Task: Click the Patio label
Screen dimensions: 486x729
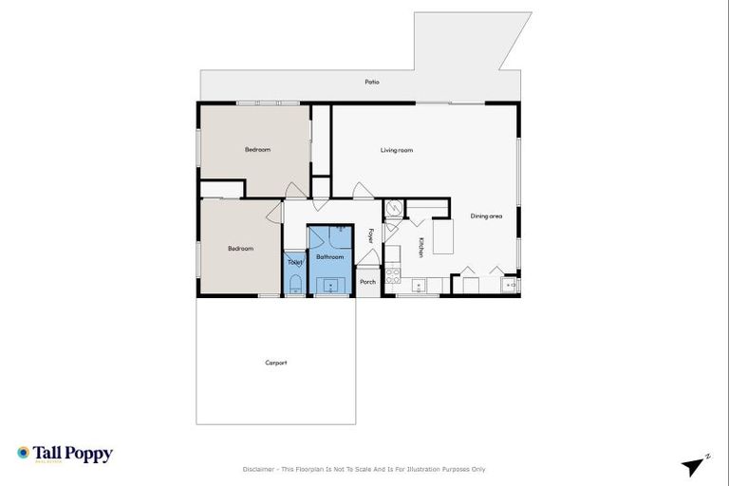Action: (372, 82)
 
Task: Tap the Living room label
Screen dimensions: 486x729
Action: (397, 150)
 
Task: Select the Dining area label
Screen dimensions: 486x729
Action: (486, 216)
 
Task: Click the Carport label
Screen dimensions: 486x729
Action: (276, 363)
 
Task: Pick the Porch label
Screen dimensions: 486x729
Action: (368, 282)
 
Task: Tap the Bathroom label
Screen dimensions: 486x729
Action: (329, 257)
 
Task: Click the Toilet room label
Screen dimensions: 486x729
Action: (294, 262)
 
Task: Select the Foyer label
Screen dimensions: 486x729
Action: (370, 235)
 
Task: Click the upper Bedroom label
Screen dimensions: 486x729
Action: (257, 150)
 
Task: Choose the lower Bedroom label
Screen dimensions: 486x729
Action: (240, 249)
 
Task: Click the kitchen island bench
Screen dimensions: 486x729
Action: (444, 236)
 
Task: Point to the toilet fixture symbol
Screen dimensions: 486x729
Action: (294, 283)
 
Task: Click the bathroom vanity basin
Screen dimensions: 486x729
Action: (330, 284)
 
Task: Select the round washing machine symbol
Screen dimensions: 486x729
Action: (394, 210)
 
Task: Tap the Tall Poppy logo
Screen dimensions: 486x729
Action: (65, 454)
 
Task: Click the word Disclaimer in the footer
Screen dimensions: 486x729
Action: (259, 469)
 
